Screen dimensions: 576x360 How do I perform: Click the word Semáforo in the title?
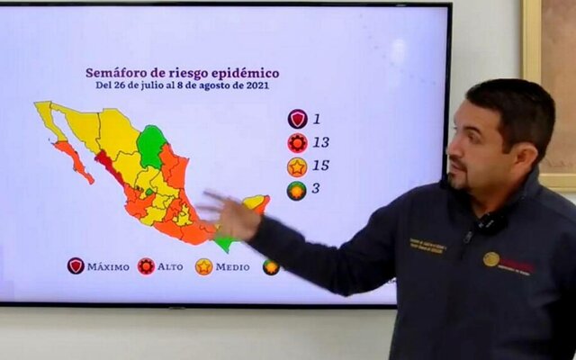114,73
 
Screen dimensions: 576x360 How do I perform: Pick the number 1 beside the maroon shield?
317,118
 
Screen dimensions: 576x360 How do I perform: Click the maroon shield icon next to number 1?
297,119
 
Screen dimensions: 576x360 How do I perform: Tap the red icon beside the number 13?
297,142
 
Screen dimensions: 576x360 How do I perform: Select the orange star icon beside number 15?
297,166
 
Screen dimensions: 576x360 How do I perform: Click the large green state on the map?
150,144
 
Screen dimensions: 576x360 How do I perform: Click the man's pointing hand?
230,214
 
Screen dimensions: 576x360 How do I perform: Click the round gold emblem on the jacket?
490,259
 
